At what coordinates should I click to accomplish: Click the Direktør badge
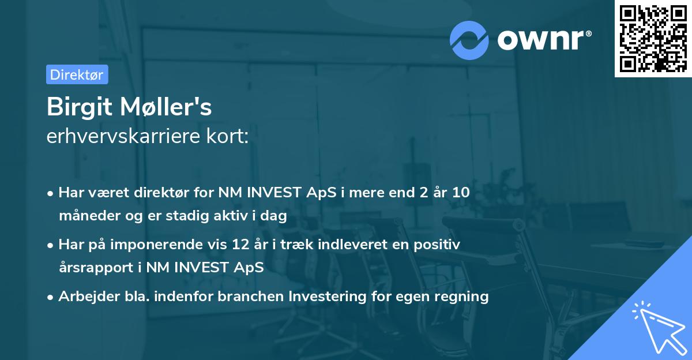pos(77,74)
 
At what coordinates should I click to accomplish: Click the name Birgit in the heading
pos(76,107)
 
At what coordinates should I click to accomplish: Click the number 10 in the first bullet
pos(461,193)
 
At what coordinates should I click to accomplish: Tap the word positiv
pos(441,245)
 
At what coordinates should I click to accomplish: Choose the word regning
pos(465,297)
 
